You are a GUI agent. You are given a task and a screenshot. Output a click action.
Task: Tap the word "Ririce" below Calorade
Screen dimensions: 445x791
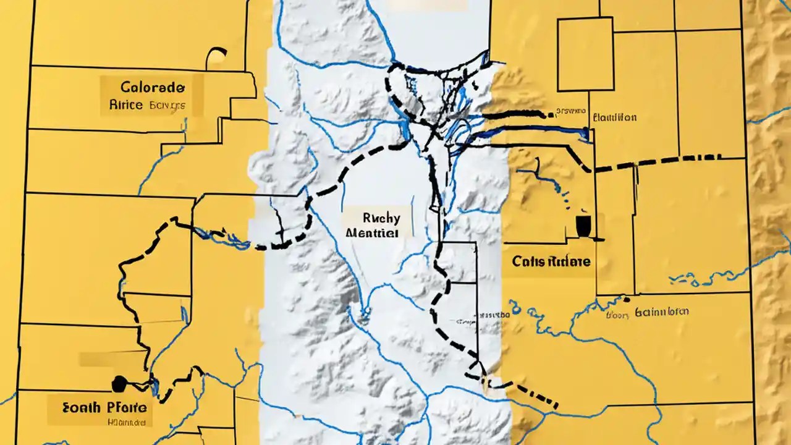pyautogui.click(x=126, y=104)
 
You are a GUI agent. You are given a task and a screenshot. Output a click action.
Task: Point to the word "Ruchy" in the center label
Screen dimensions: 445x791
pyautogui.click(x=381, y=218)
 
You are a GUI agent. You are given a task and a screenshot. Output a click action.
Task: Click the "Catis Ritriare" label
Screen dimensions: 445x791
pyautogui.click(x=551, y=261)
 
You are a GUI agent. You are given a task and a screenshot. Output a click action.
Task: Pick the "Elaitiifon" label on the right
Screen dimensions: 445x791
pyautogui.click(x=614, y=117)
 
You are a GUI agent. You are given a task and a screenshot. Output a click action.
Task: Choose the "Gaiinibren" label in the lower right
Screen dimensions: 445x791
pyautogui.click(x=661, y=312)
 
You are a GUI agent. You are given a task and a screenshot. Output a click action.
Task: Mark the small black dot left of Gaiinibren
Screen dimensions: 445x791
pyautogui.click(x=626, y=300)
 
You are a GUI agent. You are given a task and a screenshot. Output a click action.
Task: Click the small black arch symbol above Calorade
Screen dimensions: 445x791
pyautogui.click(x=216, y=57)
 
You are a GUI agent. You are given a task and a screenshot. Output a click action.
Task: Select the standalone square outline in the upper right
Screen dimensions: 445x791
pyautogui.click(x=585, y=54)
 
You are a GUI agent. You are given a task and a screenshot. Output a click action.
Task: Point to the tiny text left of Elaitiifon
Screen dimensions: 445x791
pyautogui.click(x=570, y=112)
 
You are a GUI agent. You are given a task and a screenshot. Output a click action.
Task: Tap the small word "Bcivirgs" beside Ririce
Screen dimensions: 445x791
pyautogui.click(x=167, y=106)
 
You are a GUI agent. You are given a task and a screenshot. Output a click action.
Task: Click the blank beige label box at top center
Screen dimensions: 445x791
pyautogui.click(x=428, y=5)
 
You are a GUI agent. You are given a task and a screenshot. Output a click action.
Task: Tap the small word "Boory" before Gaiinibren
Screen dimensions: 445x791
pyautogui.click(x=617, y=314)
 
